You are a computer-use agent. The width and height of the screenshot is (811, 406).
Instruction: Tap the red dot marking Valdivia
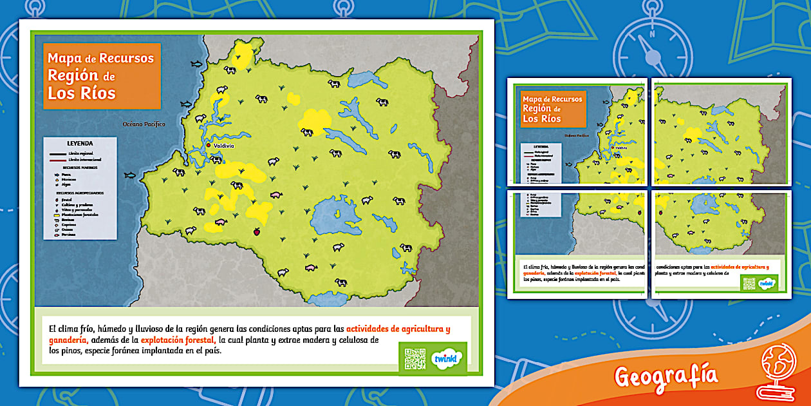point(209,146)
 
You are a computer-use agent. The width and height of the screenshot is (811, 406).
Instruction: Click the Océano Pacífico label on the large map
point(144,124)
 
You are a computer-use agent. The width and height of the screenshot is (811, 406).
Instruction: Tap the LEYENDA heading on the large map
point(80,143)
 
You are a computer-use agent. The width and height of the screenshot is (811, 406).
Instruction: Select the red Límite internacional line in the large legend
point(58,159)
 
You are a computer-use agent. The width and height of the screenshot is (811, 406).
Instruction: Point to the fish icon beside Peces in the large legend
point(57,174)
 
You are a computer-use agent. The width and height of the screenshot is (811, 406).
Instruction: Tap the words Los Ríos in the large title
point(81,93)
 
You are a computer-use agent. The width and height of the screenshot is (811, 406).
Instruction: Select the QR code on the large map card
point(415,358)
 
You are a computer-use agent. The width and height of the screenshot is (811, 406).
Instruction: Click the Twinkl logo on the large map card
point(445,358)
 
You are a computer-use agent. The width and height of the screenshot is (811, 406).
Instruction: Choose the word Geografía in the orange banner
point(666,375)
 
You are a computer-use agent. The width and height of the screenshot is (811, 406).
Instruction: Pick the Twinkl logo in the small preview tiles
point(766,283)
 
